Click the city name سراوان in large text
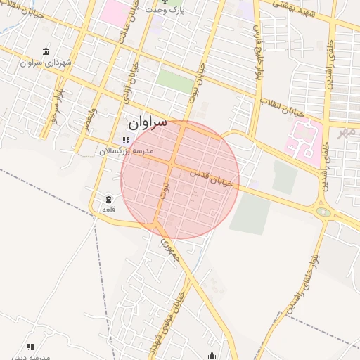[x=148, y=122]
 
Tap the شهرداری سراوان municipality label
[x=47, y=63]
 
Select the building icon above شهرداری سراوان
[x=46, y=51]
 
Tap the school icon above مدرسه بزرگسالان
[x=126, y=141]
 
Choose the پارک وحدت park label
[x=170, y=10]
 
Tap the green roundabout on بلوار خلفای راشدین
[x=323, y=211]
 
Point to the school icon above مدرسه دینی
[x=30, y=347]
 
